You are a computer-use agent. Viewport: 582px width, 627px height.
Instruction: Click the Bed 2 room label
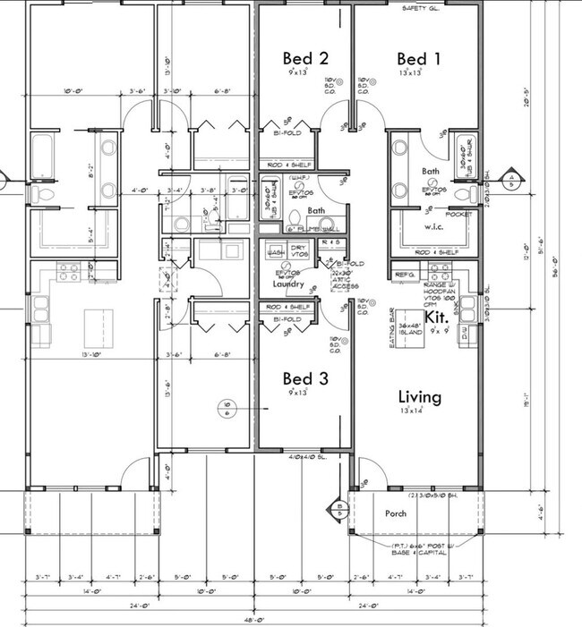click(x=305, y=58)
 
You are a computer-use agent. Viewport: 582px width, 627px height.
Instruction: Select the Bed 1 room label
click(x=419, y=58)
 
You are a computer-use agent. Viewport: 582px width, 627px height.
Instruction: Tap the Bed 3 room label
click(x=305, y=378)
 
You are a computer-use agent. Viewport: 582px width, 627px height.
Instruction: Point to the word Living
click(x=420, y=396)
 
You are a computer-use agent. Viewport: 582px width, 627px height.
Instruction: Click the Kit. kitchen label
click(x=436, y=316)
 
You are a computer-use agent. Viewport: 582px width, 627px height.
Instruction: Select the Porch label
click(x=396, y=513)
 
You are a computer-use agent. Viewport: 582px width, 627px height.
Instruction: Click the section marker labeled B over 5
click(x=339, y=509)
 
